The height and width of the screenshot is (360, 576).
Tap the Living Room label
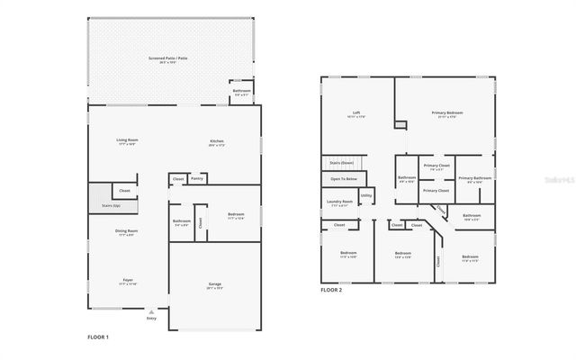click(x=127, y=140)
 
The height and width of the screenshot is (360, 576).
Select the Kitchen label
click(x=216, y=141)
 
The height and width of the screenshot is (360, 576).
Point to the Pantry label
click(x=197, y=178)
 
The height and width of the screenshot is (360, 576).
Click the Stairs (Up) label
click(x=99, y=206)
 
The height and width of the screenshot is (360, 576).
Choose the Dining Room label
click(x=127, y=232)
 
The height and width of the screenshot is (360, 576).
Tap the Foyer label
click(x=127, y=281)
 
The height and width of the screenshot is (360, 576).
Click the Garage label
click(x=215, y=285)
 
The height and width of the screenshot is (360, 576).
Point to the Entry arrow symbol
click(x=150, y=311)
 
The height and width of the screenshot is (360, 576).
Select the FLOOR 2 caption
click(x=331, y=290)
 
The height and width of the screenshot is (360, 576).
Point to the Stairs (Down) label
click(x=341, y=163)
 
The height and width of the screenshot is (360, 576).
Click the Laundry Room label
click(x=339, y=202)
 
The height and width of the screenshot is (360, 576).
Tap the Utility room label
click(x=366, y=194)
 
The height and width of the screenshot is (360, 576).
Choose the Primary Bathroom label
click(x=474, y=178)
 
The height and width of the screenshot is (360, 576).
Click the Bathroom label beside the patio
click(x=241, y=91)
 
